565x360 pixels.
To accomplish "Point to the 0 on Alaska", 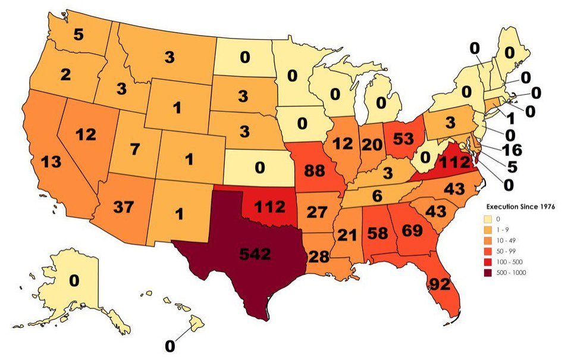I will coord(74,280).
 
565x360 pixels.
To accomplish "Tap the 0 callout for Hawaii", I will coord(169,345).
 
